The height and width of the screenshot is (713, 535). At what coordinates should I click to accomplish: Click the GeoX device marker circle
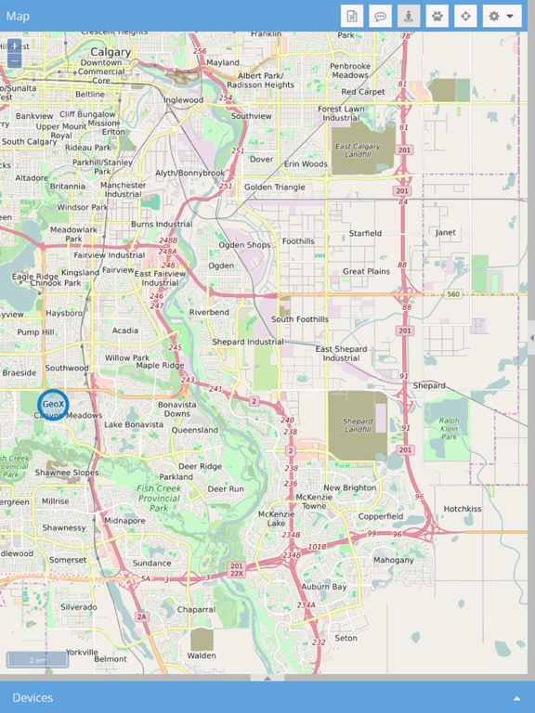tap(53, 404)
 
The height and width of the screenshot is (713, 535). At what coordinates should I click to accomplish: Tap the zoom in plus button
tap(14, 45)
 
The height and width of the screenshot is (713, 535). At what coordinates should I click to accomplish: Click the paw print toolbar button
tap(437, 16)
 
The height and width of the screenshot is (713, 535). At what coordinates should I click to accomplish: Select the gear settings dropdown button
tap(502, 16)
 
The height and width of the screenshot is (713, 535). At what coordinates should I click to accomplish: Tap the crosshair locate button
tap(465, 16)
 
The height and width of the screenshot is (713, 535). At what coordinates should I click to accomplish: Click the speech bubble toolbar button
tap(380, 16)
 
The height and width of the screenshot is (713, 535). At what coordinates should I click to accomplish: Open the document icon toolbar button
tap(351, 16)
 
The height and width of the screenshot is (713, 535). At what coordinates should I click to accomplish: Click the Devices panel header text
tap(33, 697)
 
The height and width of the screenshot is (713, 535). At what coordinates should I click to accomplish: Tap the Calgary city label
tap(111, 52)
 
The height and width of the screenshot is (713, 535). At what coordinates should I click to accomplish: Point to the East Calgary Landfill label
tap(357, 151)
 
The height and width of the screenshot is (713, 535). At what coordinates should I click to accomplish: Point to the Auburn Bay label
tap(323, 587)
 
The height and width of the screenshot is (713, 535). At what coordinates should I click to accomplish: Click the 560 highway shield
tap(453, 293)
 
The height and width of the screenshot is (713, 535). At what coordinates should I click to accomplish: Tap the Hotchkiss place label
tap(462, 509)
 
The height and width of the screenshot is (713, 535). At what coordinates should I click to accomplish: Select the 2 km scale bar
tap(37, 660)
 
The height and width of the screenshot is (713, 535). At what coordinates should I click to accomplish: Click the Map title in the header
tap(18, 16)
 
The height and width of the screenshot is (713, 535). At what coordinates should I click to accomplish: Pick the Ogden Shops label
tap(244, 245)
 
